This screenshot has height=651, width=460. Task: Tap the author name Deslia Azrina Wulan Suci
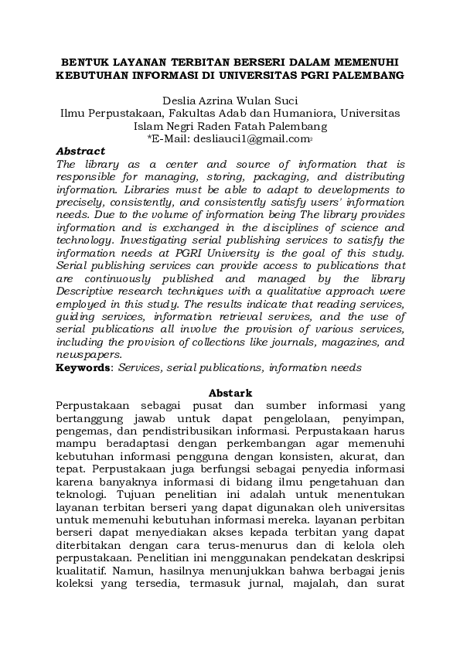(x=230, y=100)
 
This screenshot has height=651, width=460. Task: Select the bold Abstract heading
(x=80, y=152)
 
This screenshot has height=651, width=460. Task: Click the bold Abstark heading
(x=230, y=394)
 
